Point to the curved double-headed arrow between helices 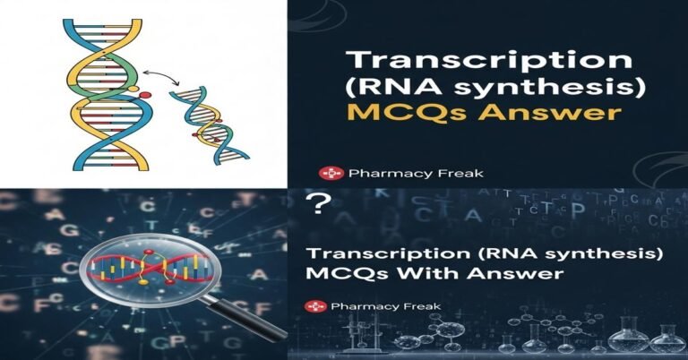tap(161, 79)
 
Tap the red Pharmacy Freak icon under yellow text tap(327, 173)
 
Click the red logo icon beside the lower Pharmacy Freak tap(314, 306)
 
